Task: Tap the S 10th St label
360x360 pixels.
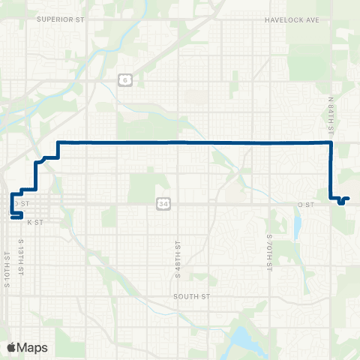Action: coord(7,266)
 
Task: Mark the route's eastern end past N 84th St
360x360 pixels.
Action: coord(348,198)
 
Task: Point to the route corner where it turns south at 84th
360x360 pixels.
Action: coord(331,142)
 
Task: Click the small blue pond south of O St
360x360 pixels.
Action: coord(298,225)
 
